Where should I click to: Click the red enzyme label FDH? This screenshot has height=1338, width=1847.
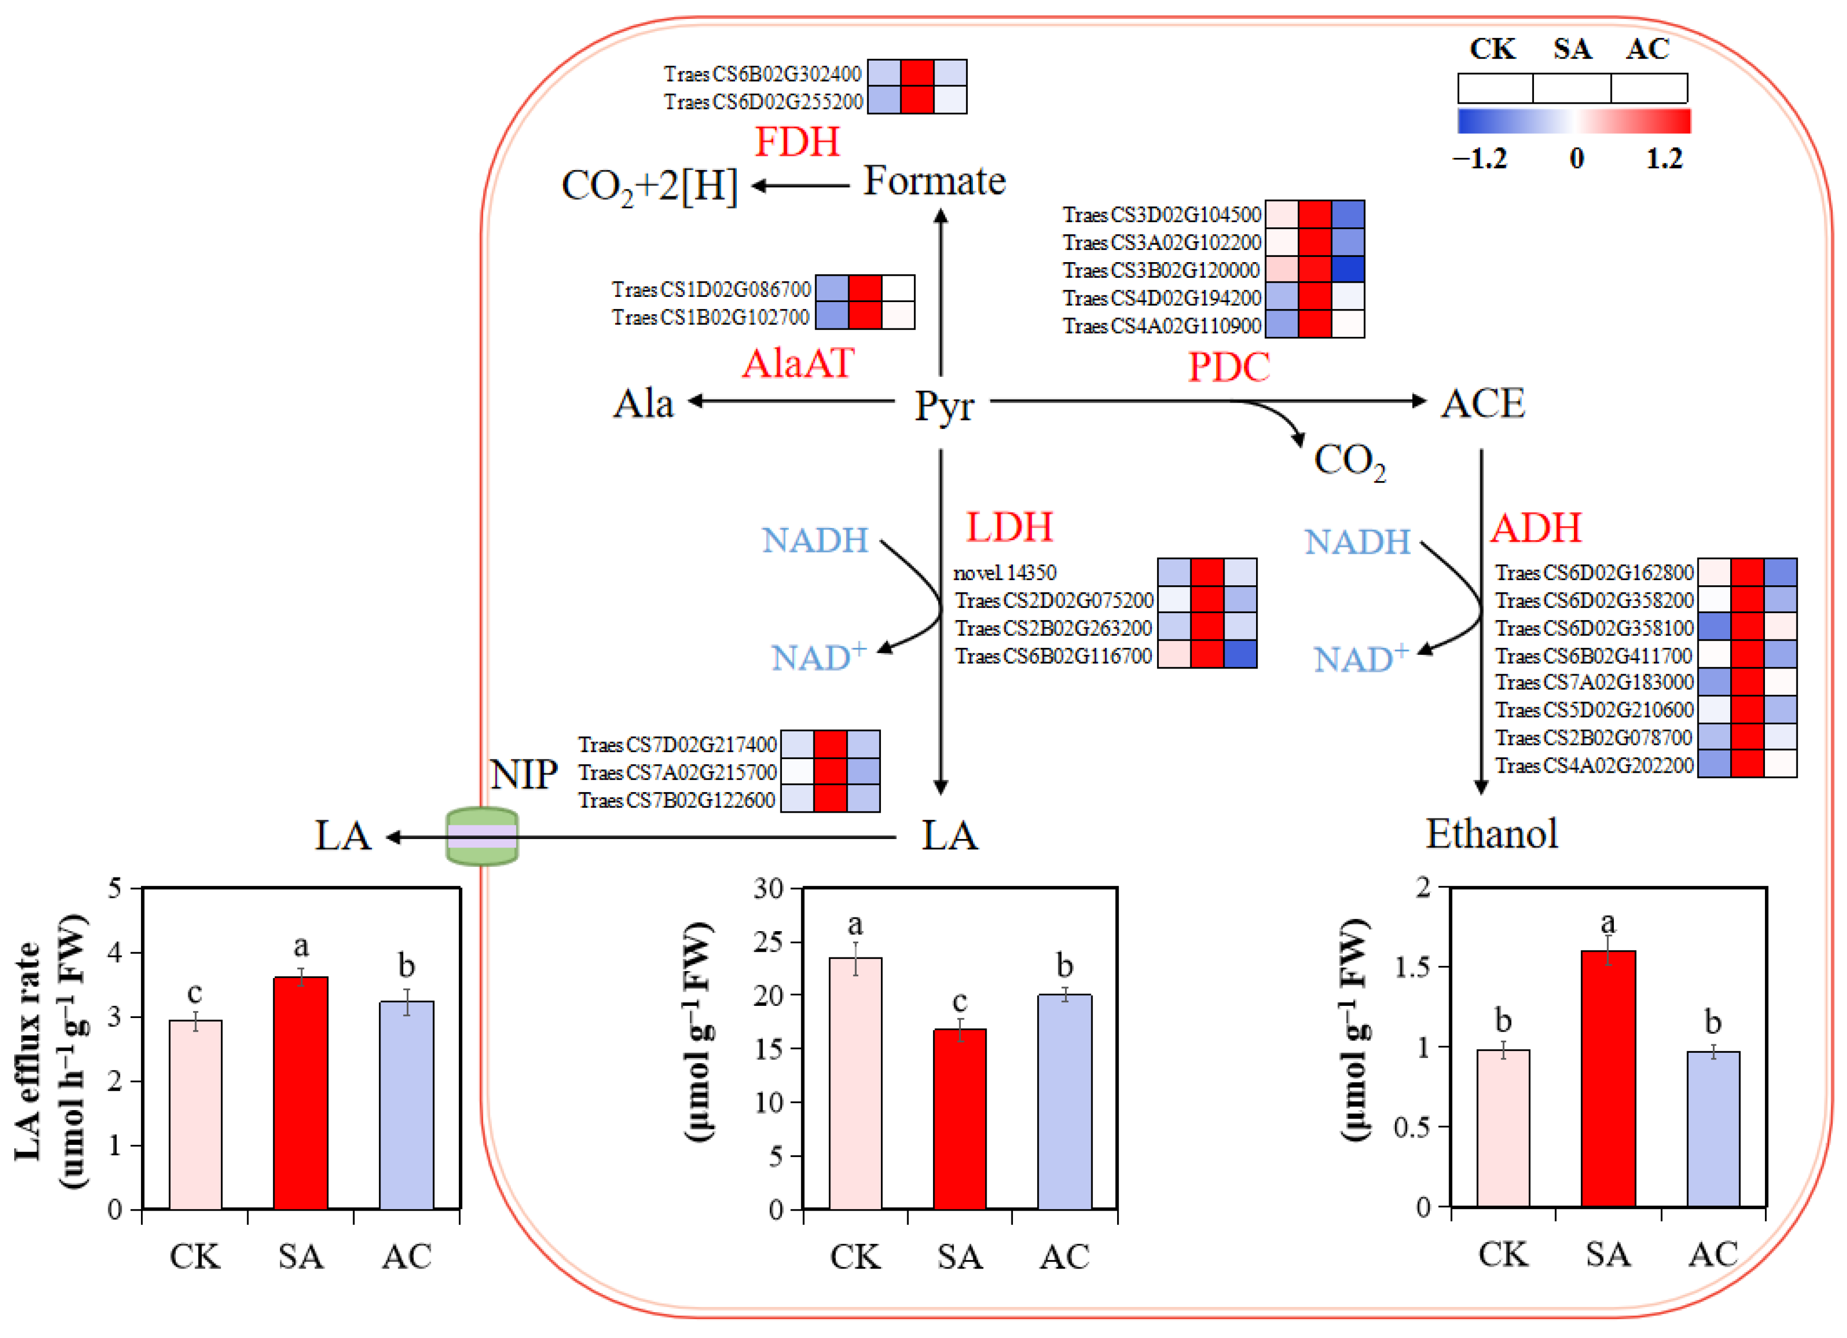click(797, 142)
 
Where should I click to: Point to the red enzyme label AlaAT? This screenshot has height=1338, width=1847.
click(798, 363)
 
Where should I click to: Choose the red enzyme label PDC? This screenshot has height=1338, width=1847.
click(1229, 367)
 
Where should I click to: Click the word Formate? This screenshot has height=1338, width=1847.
click(934, 181)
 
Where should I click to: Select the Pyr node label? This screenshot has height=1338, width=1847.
click(944, 405)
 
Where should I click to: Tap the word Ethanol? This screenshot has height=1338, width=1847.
click(1492, 834)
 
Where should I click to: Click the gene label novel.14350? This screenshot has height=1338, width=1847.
click(1005, 573)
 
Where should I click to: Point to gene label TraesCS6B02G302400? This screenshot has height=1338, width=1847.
click(762, 74)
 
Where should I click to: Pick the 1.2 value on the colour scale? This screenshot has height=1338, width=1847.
click(1664, 158)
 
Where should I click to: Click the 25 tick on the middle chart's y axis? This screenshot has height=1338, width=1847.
click(768, 942)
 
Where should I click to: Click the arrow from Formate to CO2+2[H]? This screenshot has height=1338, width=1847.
click(800, 186)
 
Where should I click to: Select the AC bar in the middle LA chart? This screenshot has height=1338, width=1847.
click(1065, 1101)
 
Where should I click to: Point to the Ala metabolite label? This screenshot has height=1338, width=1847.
click(644, 404)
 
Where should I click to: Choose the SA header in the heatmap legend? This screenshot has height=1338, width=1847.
click(1572, 49)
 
